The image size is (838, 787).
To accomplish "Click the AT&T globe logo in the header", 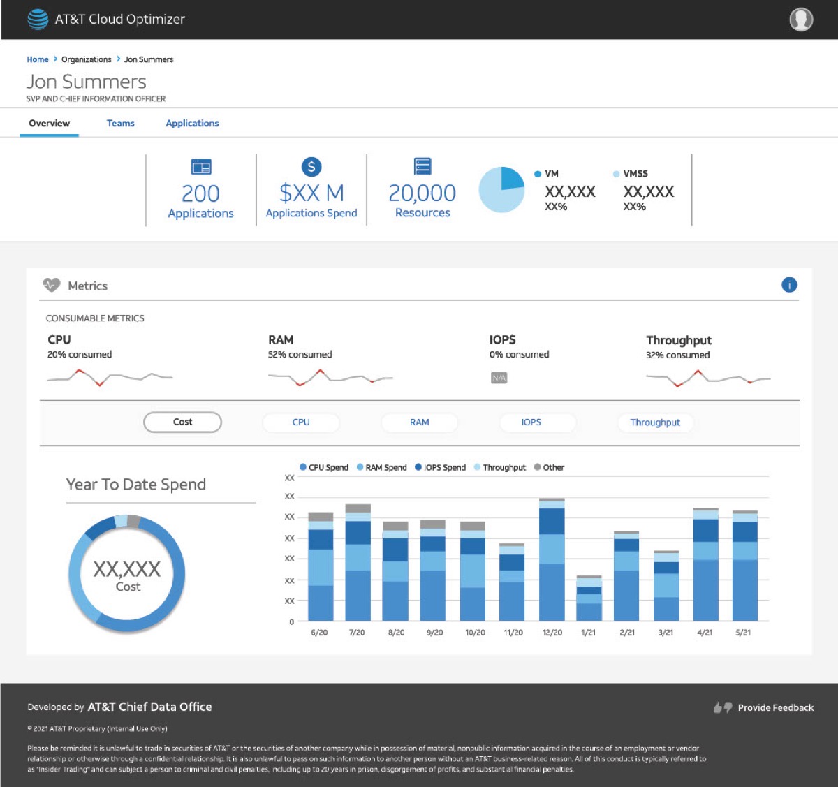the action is tap(38, 20).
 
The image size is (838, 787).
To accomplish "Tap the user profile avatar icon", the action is tap(801, 20).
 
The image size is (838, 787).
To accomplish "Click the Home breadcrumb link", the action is tap(38, 59).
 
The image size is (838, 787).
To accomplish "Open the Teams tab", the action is tap(120, 123).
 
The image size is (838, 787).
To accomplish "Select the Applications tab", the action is tap(192, 123).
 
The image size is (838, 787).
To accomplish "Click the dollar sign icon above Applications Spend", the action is tap(311, 167).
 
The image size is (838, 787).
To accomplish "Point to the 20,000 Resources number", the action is tap(422, 193).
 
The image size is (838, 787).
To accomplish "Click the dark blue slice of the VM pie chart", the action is tap(511, 179).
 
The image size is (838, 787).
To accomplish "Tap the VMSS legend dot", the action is tap(616, 174).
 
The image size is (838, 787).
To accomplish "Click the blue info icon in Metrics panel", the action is tap(788, 285).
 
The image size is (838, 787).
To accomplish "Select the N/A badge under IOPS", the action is tap(499, 378).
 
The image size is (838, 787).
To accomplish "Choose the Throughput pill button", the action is tap(655, 422).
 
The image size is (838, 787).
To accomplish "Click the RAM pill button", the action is tap(419, 422).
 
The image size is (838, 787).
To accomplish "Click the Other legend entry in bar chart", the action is tap(549, 467).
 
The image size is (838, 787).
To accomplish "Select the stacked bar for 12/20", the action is tap(552, 559).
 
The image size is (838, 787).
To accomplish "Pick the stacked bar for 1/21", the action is tap(589, 598).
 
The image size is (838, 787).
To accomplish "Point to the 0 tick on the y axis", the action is tap(292, 621).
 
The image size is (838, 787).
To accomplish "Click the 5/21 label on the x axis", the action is tap(742, 632).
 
